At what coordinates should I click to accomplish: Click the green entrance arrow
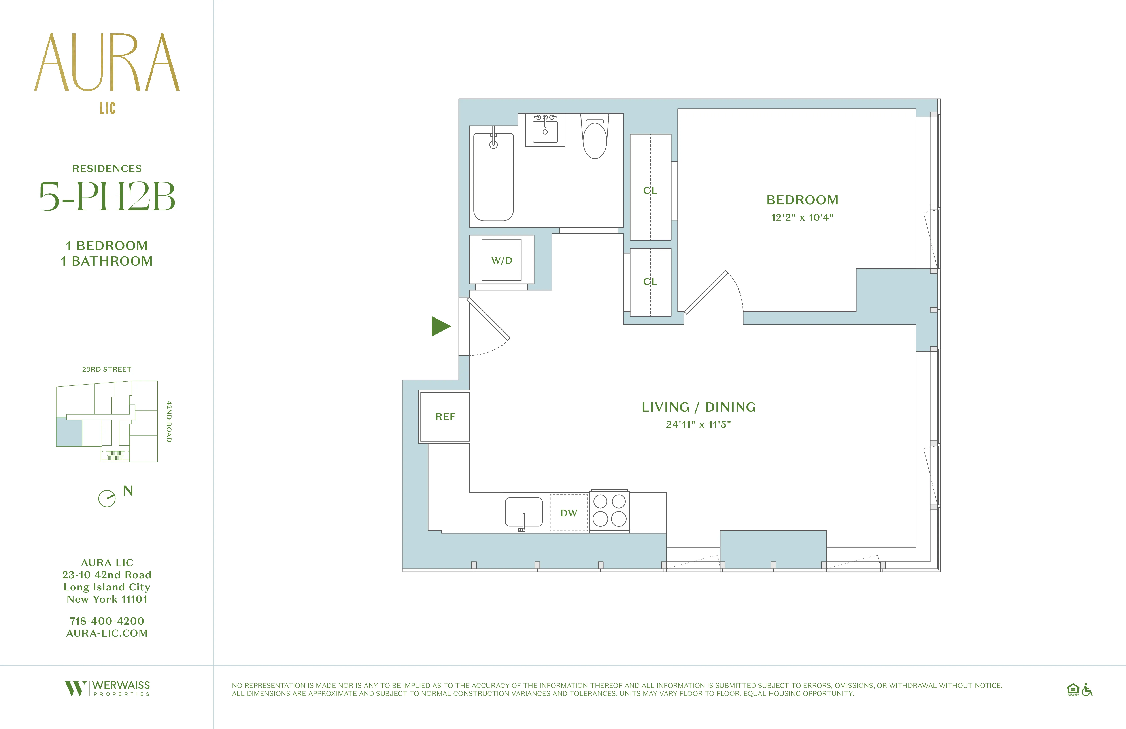coord(440,326)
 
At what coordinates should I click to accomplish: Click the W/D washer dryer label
coord(501,260)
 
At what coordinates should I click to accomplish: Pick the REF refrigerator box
coord(445,417)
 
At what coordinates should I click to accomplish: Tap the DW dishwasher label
coord(569,513)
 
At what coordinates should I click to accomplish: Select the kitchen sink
coord(523,512)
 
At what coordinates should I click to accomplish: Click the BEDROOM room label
coord(802,200)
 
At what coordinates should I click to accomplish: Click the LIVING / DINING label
coord(698,407)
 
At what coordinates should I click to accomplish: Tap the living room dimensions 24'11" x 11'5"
coord(698,425)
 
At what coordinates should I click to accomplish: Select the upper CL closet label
coord(650,190)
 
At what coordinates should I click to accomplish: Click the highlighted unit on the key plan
coord(69,432)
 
